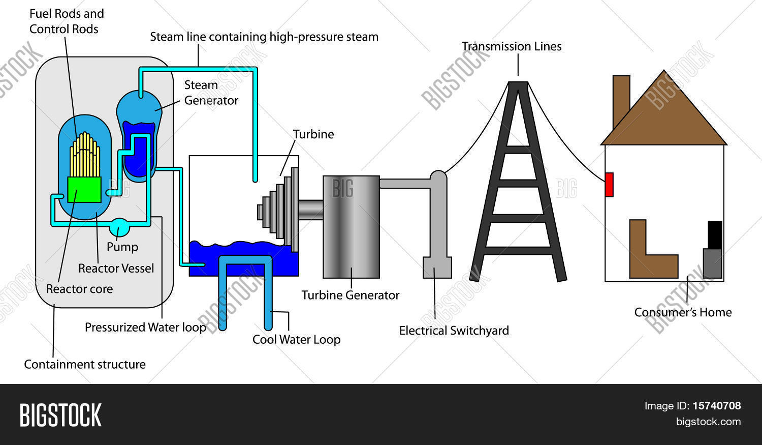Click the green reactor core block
pos(84,190)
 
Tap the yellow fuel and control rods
pos(85,155)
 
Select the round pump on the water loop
pos(119,227)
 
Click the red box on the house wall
pos(609,185)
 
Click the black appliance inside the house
pos(715,235)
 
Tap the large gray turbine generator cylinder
pos(351,227)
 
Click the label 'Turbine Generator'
pos(351,295)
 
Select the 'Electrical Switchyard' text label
pos(454,331)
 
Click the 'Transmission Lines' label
pos(511,46)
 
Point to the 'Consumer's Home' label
pos(683,312)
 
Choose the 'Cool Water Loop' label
pos(296,339)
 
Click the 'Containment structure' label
pos(85,364)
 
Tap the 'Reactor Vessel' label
pos(116,269)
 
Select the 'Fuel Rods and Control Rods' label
pos(67,21)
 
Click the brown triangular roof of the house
pos(663,116)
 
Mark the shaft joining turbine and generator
pos(311,210)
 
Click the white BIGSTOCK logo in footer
pos(60,415)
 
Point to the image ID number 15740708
pos(717,406)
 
